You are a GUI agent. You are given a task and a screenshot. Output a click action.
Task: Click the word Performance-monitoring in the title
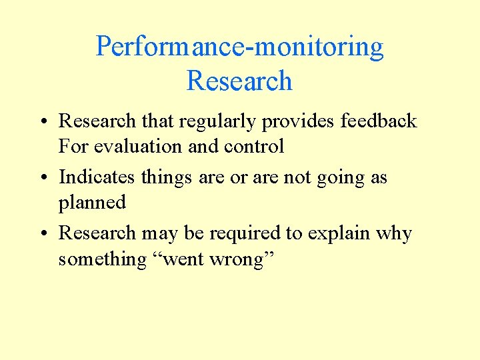tap(239, 47)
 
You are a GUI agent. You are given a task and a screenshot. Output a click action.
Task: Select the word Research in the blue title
tap(239, 81)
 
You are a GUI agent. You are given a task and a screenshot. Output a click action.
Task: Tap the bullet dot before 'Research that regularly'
tap(42, 122)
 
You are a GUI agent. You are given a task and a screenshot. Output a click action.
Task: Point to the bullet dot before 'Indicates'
tap(42, 178)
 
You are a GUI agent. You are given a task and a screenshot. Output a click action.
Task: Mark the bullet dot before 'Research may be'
tap(42, 234)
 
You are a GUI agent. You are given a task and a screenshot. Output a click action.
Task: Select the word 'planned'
tap(92, 203)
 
